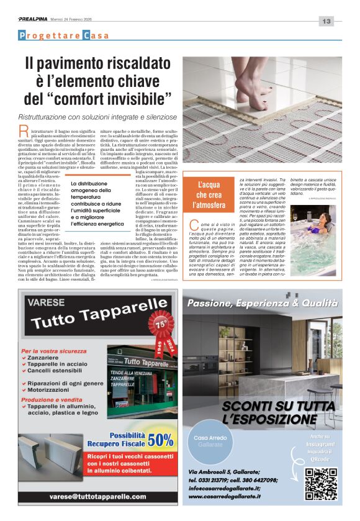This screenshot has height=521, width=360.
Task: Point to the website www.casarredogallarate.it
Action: point(233,496)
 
